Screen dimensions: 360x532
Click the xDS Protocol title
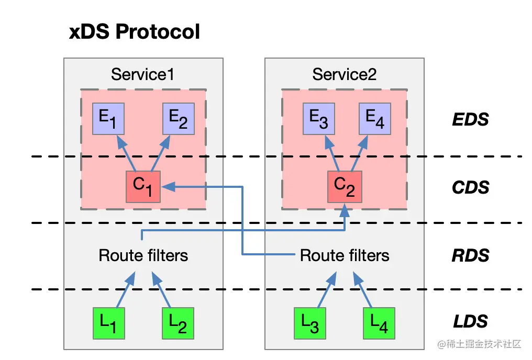(x=135, y=32)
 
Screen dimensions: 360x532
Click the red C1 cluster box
(x=142, y=187)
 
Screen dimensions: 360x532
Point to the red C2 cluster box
(x=344, y=187)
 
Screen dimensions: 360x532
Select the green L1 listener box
(x=108, y=323)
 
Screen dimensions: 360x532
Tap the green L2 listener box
(x=178, y=323)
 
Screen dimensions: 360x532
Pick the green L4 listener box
(x=380, y=323)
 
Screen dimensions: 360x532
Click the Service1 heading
(x=142, y=74)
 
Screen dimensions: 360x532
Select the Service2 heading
(x=344, y=74)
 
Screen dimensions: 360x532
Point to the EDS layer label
(x=470, y=120)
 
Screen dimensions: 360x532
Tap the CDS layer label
(x=470, y=187)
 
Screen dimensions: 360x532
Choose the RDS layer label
(x=470, y=255)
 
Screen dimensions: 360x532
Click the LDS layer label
(x=470, y=321)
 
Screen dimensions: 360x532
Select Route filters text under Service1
(x=143, y=255)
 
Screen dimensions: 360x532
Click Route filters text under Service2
(x=345, y=255)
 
